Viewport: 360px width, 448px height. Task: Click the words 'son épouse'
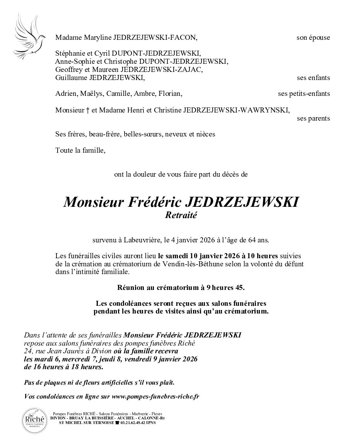coord(313,37)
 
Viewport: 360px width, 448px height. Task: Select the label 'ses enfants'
coord(314,78)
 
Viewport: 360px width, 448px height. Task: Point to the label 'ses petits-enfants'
coord(304,94)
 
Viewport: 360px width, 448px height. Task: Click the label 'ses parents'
coord(314,118)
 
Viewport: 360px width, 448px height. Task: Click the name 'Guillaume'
coord(70,78)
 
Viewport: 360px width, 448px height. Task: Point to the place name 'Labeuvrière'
coord(142,240)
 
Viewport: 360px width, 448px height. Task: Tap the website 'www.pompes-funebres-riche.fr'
coord(155,397)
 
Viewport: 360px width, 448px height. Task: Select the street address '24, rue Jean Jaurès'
coord(52,351)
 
